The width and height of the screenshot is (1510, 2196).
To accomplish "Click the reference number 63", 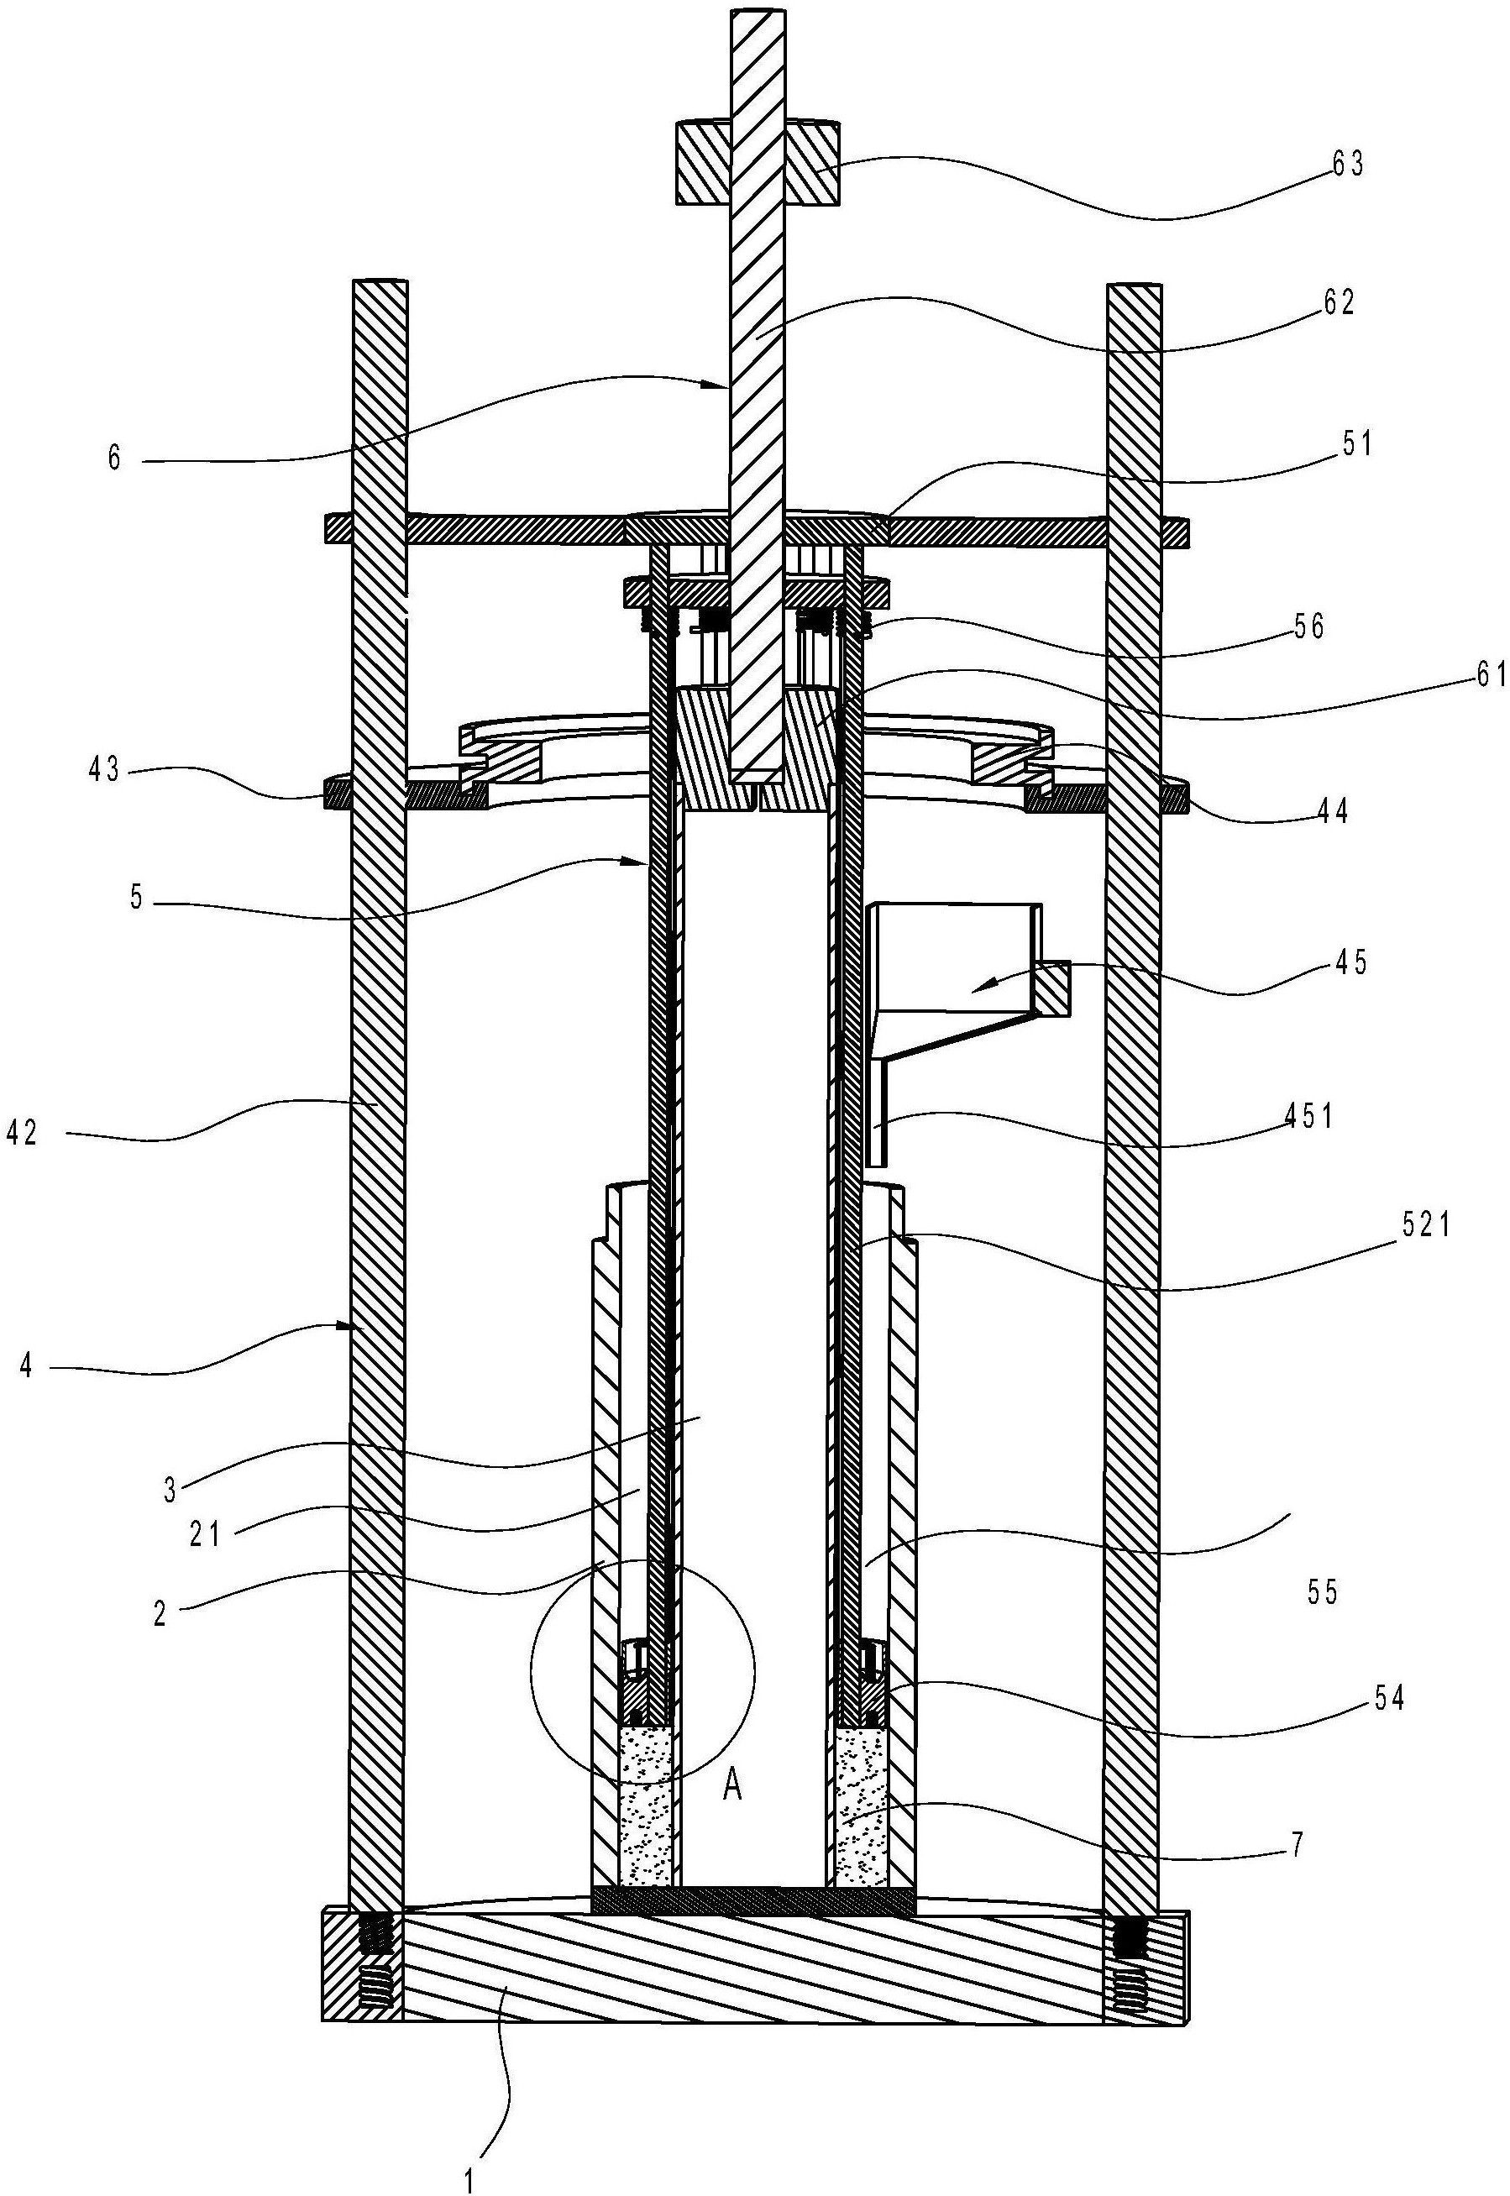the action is [x=1347, y=165].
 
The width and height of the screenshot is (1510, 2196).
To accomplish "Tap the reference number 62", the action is [x=1339, y=303].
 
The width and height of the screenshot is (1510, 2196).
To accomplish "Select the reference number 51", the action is [x=1355, y=443].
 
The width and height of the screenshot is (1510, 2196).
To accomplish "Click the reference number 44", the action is [x=1330, y=811].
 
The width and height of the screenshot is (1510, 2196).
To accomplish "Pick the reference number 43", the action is [x=104, y=770].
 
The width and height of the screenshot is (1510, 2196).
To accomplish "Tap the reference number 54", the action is [x=1387, y=1699].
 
